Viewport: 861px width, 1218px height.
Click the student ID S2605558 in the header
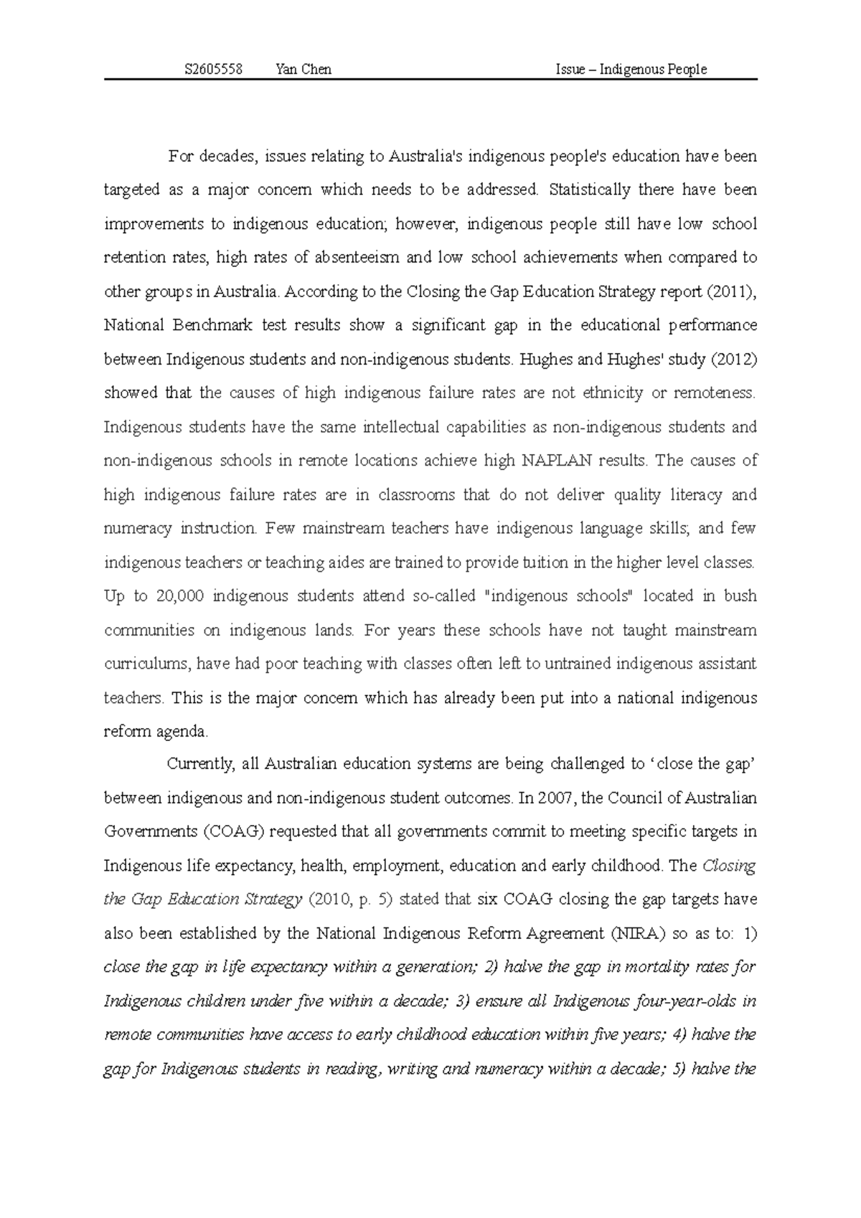tap(213, 70)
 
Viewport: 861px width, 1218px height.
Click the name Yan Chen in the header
tap(303, 70)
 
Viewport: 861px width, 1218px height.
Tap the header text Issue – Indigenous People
tap(631, 70)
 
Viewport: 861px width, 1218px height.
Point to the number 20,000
tap(180, 597)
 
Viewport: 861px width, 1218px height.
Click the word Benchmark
tap(212, 326)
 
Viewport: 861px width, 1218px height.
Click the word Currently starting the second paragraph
tap(200, 765)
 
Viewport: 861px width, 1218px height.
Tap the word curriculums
tap(146, 664)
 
